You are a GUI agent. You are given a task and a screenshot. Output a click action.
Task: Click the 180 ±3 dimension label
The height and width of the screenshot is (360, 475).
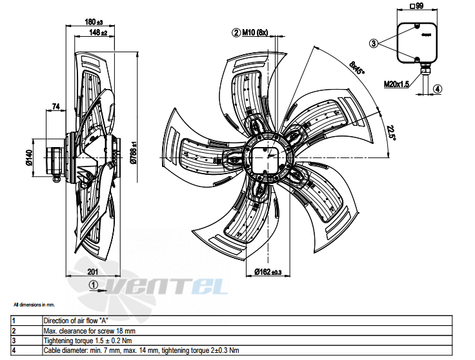point(94,22)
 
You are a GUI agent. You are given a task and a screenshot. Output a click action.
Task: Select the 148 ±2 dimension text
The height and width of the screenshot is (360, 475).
point(98,32)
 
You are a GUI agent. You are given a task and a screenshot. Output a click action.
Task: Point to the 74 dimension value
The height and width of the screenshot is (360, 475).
point(56,106)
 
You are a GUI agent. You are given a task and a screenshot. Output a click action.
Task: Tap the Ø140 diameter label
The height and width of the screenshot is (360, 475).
point(29,157)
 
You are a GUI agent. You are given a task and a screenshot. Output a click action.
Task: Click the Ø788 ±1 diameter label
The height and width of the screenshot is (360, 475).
point(134,153)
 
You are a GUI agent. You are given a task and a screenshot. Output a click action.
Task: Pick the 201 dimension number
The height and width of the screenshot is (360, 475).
point(93,272)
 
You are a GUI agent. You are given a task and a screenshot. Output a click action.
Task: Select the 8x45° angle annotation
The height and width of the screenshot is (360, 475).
point(357,68)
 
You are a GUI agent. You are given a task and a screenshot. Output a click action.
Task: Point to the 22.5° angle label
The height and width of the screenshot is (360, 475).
point(391,132)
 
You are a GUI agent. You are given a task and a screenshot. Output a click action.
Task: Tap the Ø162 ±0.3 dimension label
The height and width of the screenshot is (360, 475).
point(268,272)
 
